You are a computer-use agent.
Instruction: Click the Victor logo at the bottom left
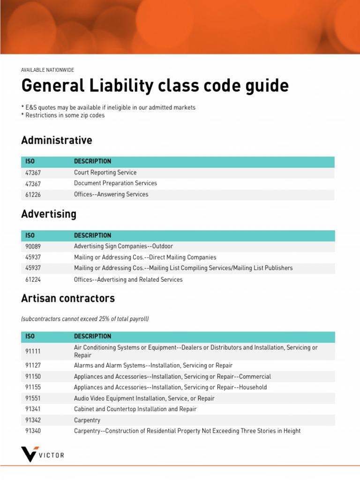(x=43, y=454)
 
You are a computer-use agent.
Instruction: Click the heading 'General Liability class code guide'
(x=155, y=86)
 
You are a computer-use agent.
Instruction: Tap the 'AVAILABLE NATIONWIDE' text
(x=47, y=70)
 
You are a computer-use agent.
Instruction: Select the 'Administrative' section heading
(x=57, y=140)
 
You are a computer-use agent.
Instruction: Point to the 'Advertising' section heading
(x=49, y=214)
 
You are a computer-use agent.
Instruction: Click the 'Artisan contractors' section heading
(x=68, y=298)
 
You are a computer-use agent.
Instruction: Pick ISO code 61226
(x=34, y=195)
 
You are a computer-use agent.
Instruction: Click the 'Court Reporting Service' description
(x=105, y=172)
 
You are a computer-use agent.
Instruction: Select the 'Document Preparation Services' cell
(x=115, y=183)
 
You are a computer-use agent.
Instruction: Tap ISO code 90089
(x=34, y=246)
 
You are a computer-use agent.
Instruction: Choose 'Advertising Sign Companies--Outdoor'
(x=123, y=246)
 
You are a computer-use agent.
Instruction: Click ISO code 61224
(x=34, y=279)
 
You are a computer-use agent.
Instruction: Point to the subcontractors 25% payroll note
(x=85, y=319)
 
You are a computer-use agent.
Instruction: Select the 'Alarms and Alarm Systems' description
(x=153, y=365)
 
